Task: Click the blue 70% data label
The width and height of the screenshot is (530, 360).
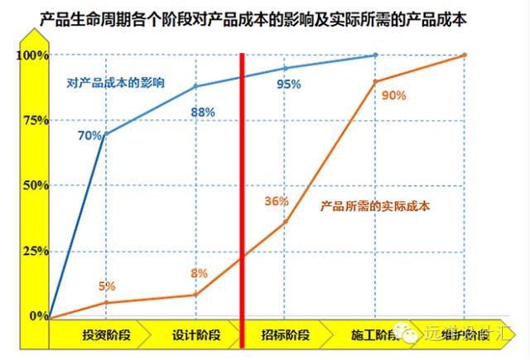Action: pos(89,134)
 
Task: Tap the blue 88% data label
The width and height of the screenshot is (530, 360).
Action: pos(203,112)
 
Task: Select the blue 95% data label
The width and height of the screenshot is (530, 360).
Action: pos(288,84)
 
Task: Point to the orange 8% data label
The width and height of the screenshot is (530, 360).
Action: pos(200,274)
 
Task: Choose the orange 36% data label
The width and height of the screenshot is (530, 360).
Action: pos(277,201)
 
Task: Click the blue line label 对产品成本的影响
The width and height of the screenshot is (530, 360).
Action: pos(116,84)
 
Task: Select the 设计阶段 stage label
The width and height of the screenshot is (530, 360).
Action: pos(196,334)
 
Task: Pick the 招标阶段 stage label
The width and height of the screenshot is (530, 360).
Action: pos(286,334)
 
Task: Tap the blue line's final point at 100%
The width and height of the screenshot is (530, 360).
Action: pos(375,55)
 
